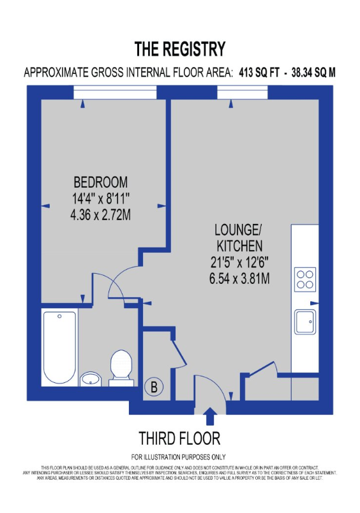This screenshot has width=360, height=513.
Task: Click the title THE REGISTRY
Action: tap(179, 49)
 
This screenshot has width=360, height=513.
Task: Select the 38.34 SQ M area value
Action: tap(313, 73)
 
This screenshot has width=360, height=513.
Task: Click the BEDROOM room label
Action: tap(100, 181)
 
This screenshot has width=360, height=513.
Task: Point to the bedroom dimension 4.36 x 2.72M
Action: tap(100, 215)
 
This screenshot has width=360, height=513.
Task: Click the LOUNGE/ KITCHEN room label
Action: tap(238, 237)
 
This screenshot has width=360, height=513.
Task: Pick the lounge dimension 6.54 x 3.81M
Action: tap(238, 278)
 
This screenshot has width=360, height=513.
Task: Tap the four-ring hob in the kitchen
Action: tap(304, 279)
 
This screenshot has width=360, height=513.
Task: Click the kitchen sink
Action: tap(304, 322)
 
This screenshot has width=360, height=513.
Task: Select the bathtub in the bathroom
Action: tap(59, 347)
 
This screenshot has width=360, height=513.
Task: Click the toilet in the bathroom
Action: tap(120, 368)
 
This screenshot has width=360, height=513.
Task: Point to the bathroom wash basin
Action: tap(91, 380)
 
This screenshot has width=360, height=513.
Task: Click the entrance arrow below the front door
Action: tap(209, 417)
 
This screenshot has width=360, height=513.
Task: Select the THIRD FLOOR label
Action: tap(179, 438)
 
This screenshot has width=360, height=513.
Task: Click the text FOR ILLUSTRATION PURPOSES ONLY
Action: tap(179, 457)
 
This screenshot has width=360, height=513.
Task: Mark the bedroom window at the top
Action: tap(115, 93)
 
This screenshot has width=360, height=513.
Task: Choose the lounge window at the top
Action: tap(242, 93)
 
